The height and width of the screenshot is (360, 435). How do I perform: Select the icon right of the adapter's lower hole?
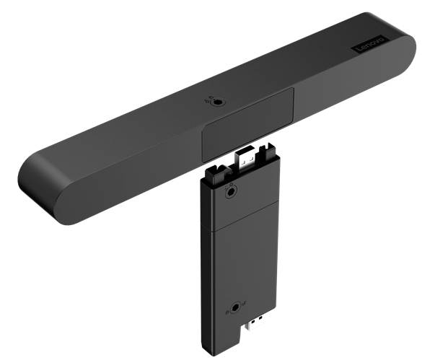244,306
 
